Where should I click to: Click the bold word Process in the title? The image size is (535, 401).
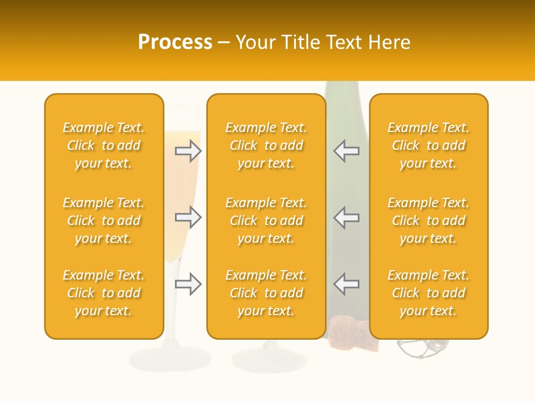pyautogui.click(x=175, y=42)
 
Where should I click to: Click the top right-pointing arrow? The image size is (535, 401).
pyautogui.click(x=188, y=151)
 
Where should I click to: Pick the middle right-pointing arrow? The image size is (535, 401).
pyautogui.click(x=188, y=217)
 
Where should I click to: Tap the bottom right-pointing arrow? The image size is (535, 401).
pyautogui.click(x=188, y=284)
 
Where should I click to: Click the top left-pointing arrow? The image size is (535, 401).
pyautogui.click(x=346, y=151)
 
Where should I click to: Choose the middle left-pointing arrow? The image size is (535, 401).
pyautogui.click(x=346, y=217)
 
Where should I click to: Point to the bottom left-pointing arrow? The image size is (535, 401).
pyautogui.click(x=346, y=284)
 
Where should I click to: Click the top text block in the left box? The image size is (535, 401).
pyautogui.click(x=104, y=145)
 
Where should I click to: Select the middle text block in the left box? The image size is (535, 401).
pyautogui.click(x=104, y=221)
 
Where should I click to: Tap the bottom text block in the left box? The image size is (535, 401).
pyautogui.click(x=104, y=293)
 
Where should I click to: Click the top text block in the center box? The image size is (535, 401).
pyautogui.click(x=266, y=145)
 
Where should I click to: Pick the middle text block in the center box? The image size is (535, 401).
pyautogui.click(x=266, y=221)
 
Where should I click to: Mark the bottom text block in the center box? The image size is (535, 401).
pyautogui.click(x=266, y=293)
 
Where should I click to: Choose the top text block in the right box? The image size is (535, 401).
pyautogui.click(x=429, y=145)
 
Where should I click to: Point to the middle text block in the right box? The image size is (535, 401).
pyautogui.click(x=429, y=221)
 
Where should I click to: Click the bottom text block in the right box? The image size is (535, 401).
pyautogui.click(x=429, y=293)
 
